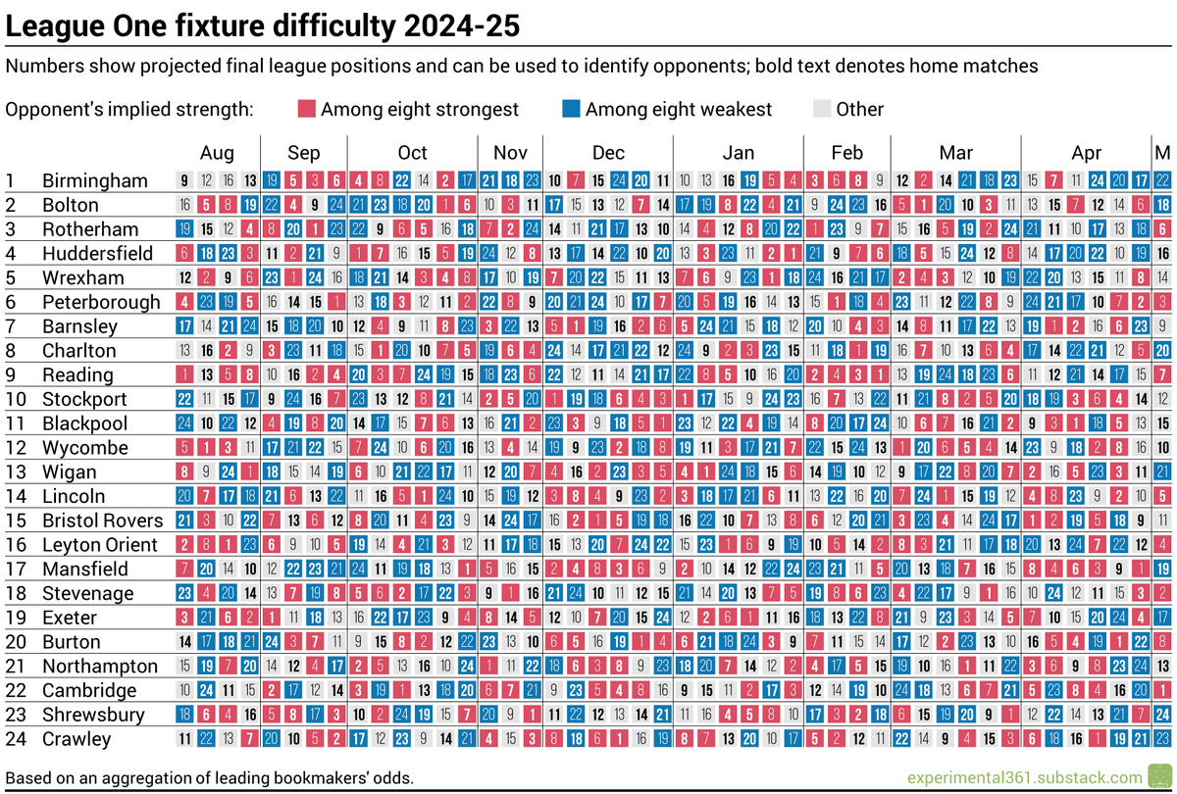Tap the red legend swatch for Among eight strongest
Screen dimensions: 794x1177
(306, 109)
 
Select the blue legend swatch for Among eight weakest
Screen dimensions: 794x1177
(571, 109)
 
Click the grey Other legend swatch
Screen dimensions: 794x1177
(822, 109)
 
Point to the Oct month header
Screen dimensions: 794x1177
(413, 153)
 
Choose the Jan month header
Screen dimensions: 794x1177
(739, 153)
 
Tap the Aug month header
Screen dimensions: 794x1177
(218, 153)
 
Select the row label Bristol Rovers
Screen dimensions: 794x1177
(102, 520)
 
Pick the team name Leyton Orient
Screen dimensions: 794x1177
(99, 544)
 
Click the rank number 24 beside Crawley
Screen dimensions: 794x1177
(15, 738)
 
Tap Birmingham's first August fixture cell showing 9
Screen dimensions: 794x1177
(184, 180)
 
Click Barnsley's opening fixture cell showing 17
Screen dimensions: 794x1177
(184, 325)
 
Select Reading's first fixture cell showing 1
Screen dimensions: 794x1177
(184, 374)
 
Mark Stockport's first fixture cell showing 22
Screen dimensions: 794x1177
(184, 398)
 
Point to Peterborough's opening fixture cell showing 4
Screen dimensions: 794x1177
(184, 302)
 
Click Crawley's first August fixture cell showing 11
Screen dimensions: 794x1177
(184, 738)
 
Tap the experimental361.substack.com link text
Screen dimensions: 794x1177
(1024, 776)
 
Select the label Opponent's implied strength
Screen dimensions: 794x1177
(128, 109)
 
